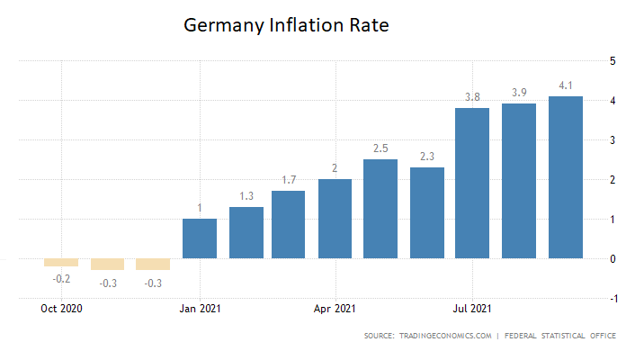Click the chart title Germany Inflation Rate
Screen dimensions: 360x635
pyautogui.click(x=286, y=25)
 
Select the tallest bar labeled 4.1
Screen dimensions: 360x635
pyautogui.click(x=566, y=177)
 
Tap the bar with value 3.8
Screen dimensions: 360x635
pyautogui.click(x=472, y=183)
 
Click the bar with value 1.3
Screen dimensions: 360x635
pyautogui.click(x=246, y=232)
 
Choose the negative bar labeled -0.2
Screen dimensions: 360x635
pyautogui.click(x=62, y=263)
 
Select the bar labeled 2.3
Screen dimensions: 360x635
pyautogui.click(x=427, y=212)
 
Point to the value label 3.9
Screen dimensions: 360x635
pyautogui.click(x=519, y=93)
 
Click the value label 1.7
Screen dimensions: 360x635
pyautogui.click(x=289, y=180)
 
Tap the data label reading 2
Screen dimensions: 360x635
pyautogui.click(x=335, y=168)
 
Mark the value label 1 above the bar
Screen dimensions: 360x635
pyautogui.click(x=200, y=208)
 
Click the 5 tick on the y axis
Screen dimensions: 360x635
pyautogui.click(x=613, y=61)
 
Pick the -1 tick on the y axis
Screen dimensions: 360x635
pyautogui.click(x=612, y=299)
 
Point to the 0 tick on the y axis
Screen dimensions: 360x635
pyautogui.click(x=613, y=259)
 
